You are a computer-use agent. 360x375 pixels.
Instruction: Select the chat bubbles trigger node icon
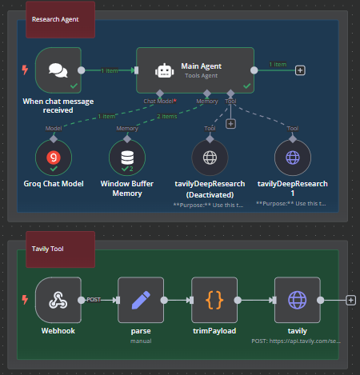[58, 70]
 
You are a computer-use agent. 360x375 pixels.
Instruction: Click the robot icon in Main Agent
[164, 70]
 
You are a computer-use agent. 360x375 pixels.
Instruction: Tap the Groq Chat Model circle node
[54, 158]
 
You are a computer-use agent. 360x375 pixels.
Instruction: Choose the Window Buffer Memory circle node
[127, 158]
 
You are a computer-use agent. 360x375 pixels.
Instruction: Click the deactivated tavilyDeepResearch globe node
[210, 158]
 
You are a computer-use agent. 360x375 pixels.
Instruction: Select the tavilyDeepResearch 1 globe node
[292, 158]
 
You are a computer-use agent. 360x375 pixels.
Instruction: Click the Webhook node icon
[58, 300]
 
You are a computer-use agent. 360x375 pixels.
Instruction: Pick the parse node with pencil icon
[140, 300]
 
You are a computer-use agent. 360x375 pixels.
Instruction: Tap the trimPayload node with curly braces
[214, 300]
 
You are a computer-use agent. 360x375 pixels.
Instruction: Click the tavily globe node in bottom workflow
[297, 300]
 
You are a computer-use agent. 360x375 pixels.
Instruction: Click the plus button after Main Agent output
[300, 70]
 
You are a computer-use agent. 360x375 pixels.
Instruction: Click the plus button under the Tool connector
[230, 123]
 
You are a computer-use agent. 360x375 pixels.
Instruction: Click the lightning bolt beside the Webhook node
[24, 301]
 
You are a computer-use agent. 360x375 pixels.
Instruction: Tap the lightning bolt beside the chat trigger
[24, 70]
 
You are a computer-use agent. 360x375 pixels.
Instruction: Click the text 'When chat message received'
[58, 106]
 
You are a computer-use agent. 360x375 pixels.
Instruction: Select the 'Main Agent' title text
[201, 66]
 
